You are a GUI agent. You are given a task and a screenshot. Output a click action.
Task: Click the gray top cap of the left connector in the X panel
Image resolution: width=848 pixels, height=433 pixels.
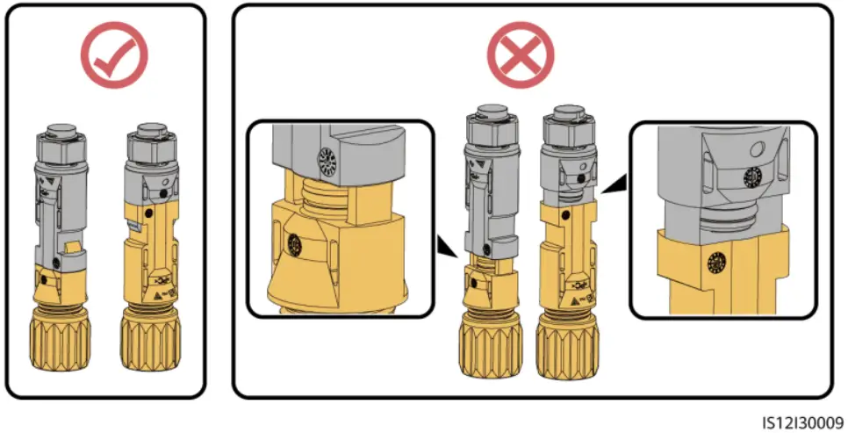coord(489,118)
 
